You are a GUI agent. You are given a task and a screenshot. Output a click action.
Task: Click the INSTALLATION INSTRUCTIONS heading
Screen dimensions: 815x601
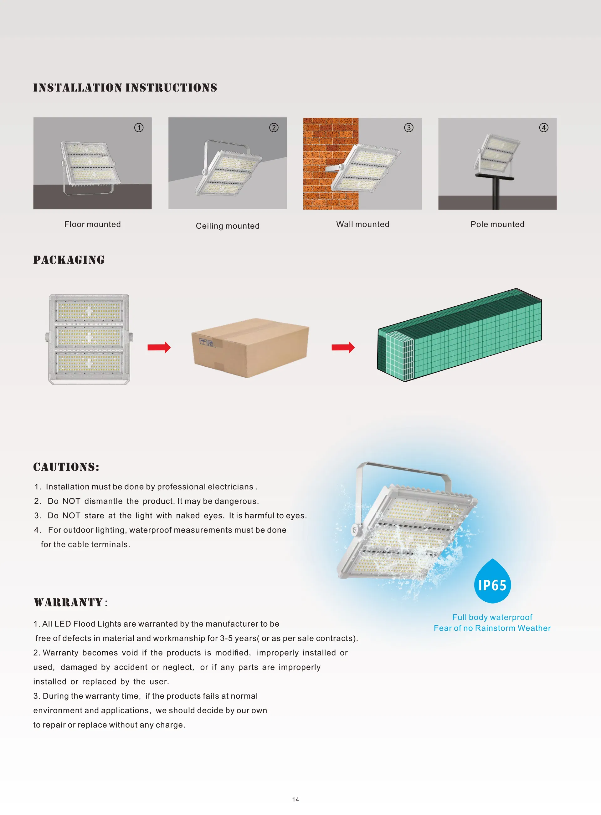[125, 88]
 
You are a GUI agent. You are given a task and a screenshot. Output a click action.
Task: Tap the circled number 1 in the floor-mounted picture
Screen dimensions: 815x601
[139, 128]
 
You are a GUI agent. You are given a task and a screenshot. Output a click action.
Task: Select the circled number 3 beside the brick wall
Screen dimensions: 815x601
[408, 128]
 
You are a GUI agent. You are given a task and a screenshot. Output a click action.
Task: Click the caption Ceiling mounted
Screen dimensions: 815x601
[227, 226]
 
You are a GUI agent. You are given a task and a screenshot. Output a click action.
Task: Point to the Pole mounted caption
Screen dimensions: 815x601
[497, 224]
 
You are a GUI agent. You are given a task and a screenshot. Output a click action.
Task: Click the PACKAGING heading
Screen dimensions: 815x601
[69, 260]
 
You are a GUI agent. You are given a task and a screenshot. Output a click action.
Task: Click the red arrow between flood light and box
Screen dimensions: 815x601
[159, 347]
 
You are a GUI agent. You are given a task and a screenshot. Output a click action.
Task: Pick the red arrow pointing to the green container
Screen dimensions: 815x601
[343, 347]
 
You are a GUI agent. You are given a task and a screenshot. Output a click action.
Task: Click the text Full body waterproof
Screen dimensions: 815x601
[492, 617]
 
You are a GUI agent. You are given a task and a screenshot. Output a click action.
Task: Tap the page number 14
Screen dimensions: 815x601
[295, 799]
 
